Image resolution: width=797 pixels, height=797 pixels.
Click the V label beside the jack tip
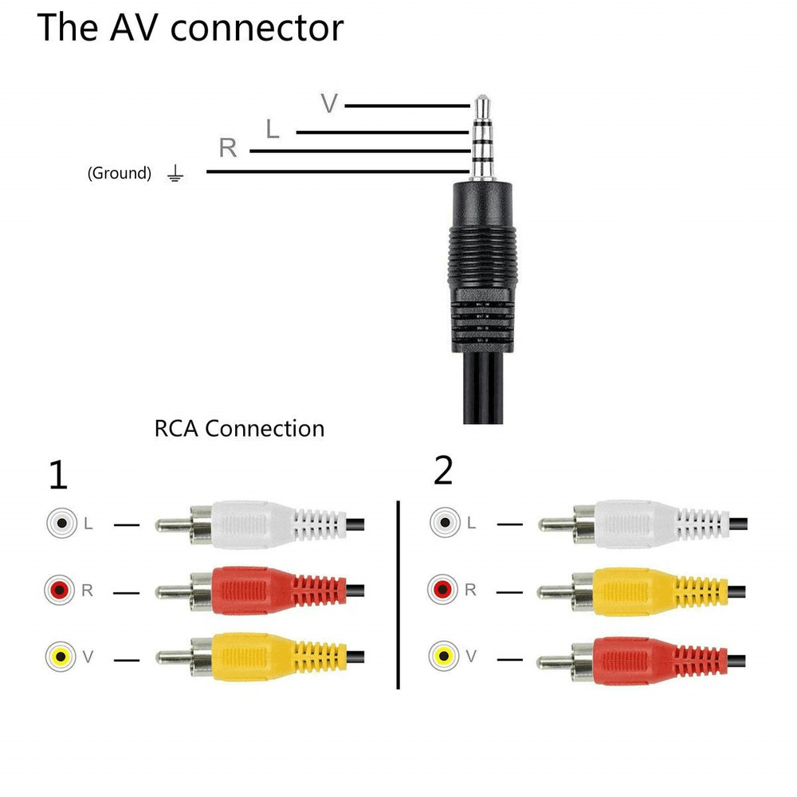click(x=329, y=104)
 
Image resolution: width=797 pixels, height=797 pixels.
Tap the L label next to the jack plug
click(x=273, y=128)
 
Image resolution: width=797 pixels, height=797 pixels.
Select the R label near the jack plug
click(x=228, y=148)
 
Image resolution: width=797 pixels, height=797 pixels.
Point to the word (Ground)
click(x=119, y=173)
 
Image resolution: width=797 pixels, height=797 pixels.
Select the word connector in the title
click(x=257, y=28)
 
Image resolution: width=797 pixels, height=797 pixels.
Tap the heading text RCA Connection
click(x=239, y=428)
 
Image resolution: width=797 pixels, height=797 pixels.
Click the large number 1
click(x=58, y=476)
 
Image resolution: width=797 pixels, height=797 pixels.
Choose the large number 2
click(x=443, y=471)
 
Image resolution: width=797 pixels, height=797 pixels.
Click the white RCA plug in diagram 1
click(x=255, y=524)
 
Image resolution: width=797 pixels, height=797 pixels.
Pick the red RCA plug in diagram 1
click(x=255, y=591)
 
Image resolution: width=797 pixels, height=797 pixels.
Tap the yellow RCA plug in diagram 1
click(x=255, y=658)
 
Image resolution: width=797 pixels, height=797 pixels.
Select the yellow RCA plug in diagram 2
click(x=638, y=591)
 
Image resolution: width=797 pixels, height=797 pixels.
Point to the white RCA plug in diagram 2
click(x=638, y=524)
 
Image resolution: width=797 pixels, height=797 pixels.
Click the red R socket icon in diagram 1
click(x=59, y=591)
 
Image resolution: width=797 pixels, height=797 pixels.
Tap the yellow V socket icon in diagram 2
click(x=442, y=656)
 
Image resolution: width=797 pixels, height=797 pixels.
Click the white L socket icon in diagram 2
click(x=442, y=524)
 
